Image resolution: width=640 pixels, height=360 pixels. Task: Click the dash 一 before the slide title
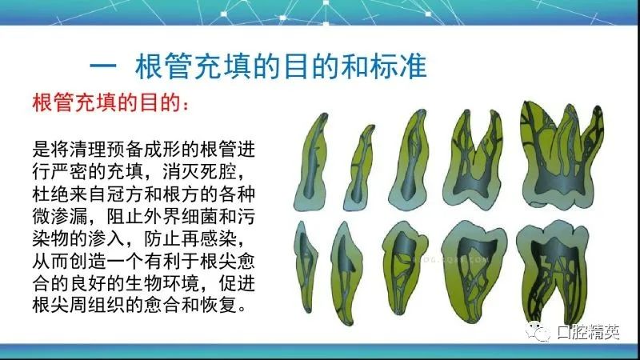tap(103, 66)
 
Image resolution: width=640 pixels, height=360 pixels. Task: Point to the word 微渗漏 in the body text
tap(60, 216)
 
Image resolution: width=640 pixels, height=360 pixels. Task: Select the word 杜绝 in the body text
tap(50, 194)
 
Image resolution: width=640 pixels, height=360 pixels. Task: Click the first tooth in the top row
tap(312, 162)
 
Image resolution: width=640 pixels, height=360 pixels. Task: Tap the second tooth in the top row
tap(360, 167)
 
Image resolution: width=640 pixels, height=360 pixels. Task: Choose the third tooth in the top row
tap(410, 159)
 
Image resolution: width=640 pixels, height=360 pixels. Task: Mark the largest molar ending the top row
tap(562, 154)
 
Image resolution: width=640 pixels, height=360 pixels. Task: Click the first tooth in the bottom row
tap(306, 267)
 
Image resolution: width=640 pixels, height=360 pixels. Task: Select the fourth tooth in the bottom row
tap(474, 272)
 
